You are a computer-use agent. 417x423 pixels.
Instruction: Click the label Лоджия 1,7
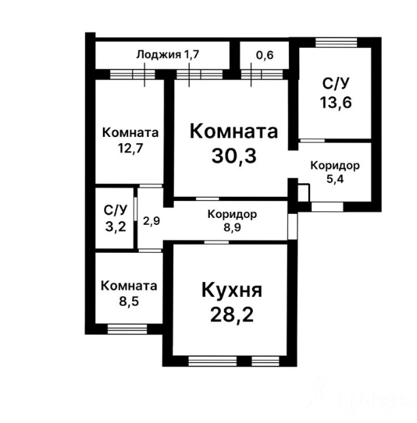pos(167,55)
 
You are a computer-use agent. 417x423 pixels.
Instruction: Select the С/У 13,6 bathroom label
pos(336,93)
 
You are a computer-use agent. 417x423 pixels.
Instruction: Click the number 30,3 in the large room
pos(234,157)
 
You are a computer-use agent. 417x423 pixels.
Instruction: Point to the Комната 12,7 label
pos(130,139)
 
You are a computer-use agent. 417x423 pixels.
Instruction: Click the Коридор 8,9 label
pos(232,221)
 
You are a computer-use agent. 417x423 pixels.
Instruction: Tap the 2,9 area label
pos(151,221)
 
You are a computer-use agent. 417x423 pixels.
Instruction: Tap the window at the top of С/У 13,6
pos(337,42)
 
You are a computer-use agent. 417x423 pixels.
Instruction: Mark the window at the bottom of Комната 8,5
pos(127,330)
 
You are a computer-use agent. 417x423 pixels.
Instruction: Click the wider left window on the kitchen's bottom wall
pos(212,360)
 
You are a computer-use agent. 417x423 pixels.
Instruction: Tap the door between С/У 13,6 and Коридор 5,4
pos(312,140)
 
